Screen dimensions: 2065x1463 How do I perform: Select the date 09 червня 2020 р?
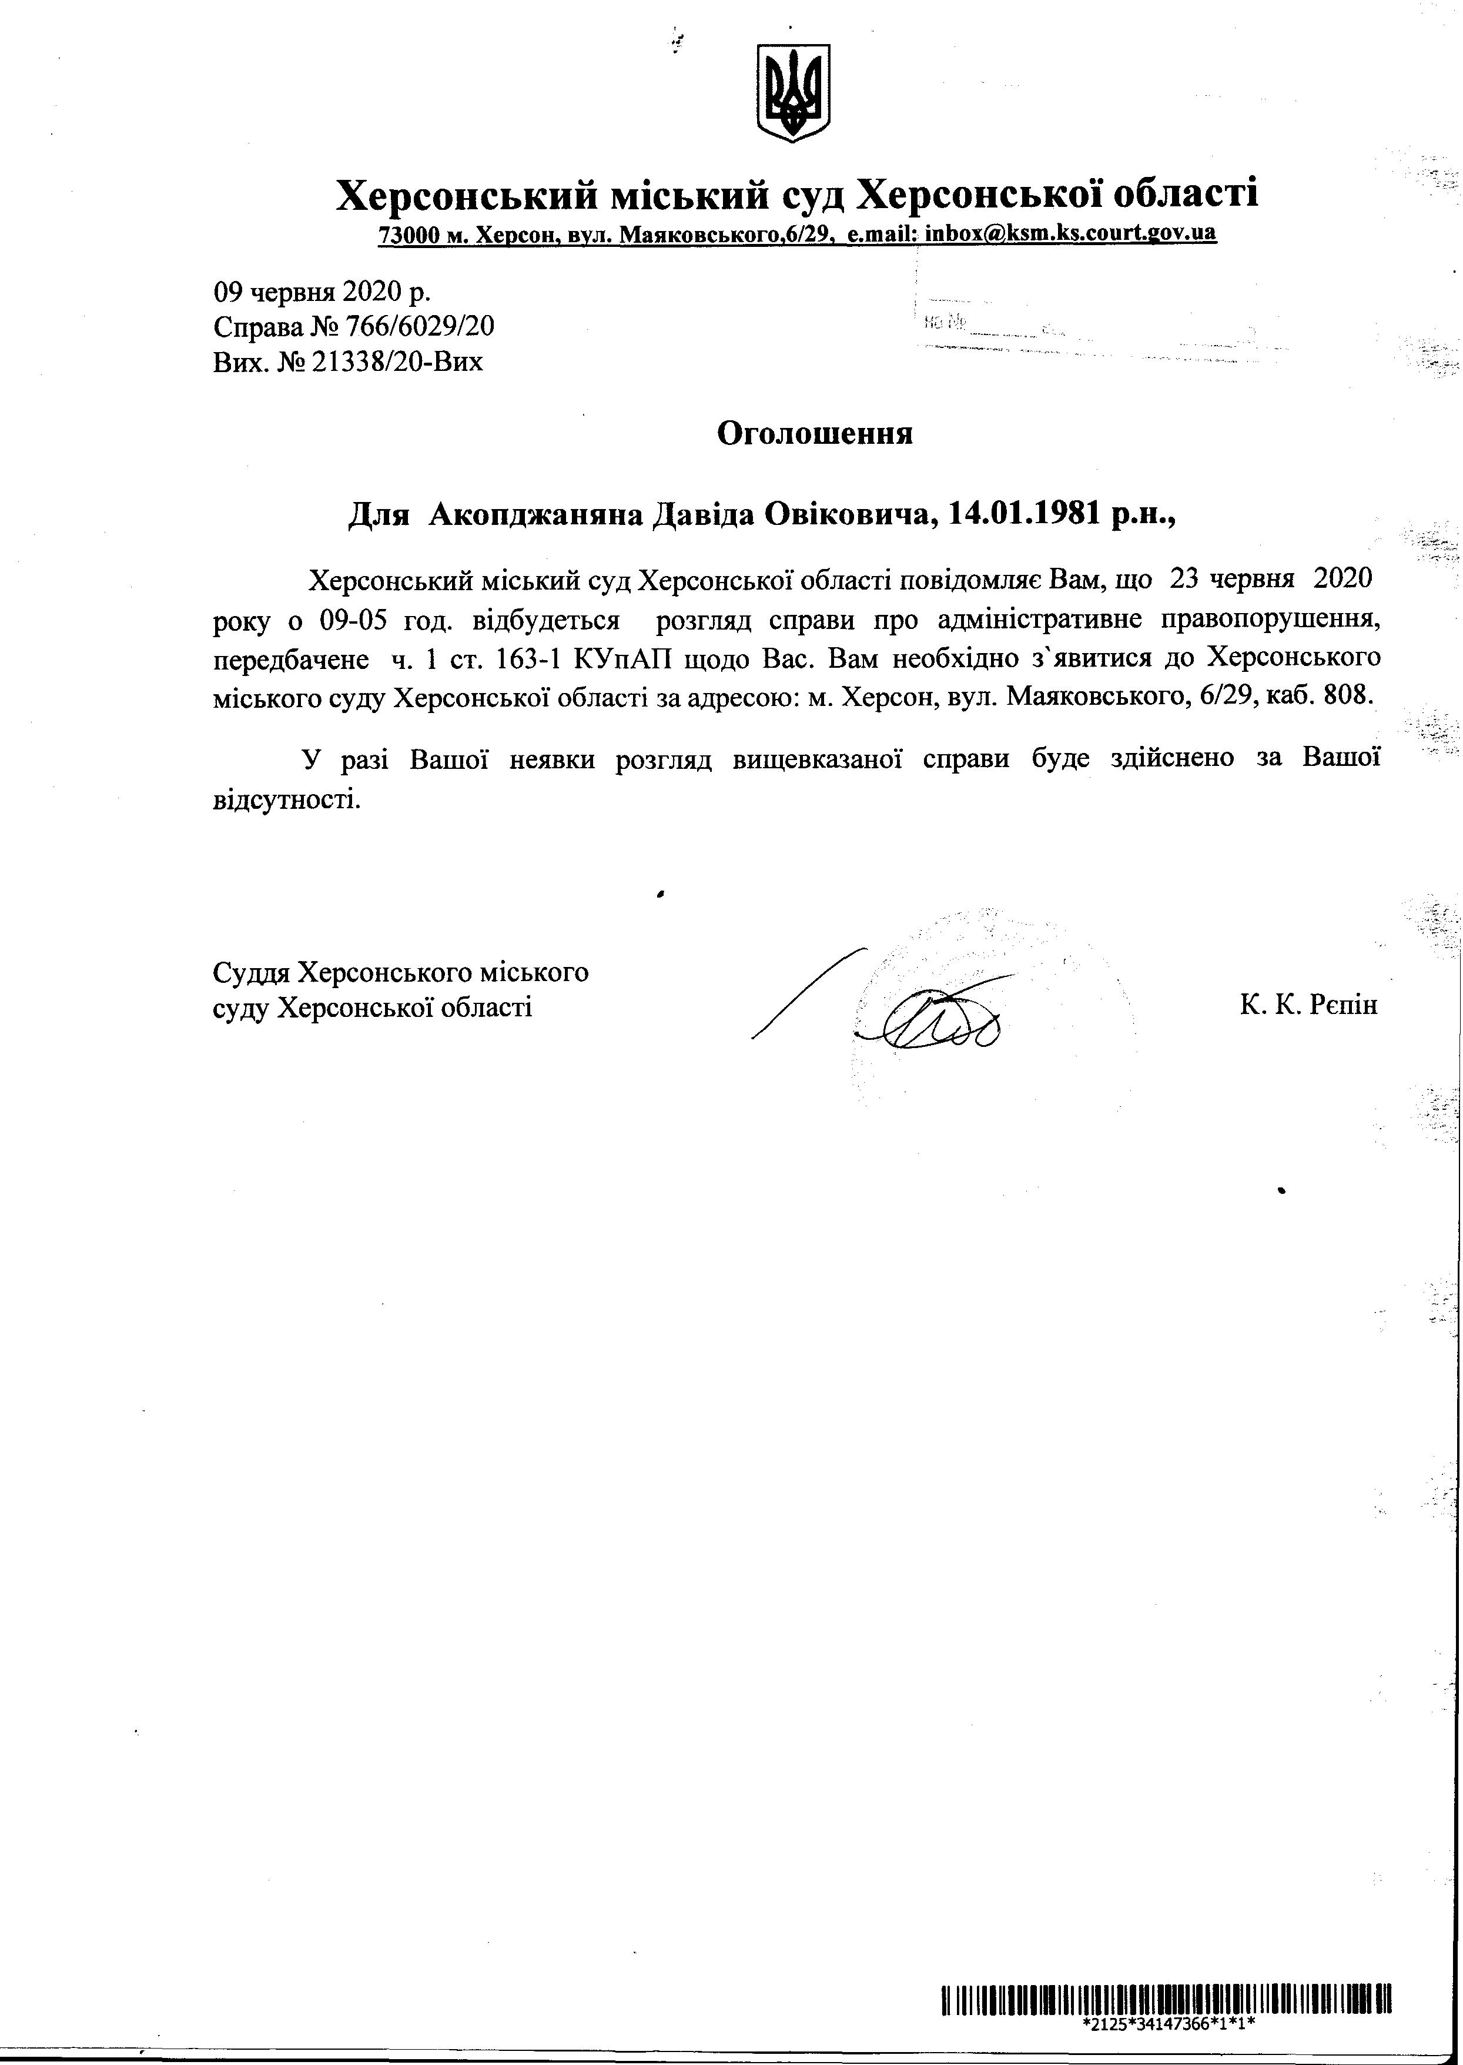[322, 292]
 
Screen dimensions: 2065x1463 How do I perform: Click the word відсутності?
[286, 799]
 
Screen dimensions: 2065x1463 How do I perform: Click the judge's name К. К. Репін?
[1308, 1005]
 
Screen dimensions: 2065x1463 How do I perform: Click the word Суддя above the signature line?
[252, 973]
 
